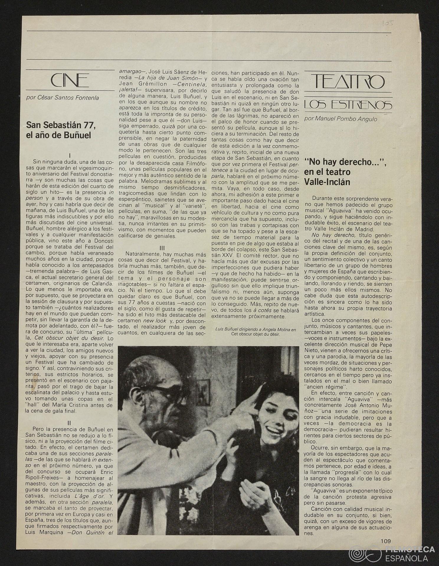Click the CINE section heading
[70, 81]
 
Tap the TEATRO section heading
[348, 83]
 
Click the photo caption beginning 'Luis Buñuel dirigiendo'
[255, 332]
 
